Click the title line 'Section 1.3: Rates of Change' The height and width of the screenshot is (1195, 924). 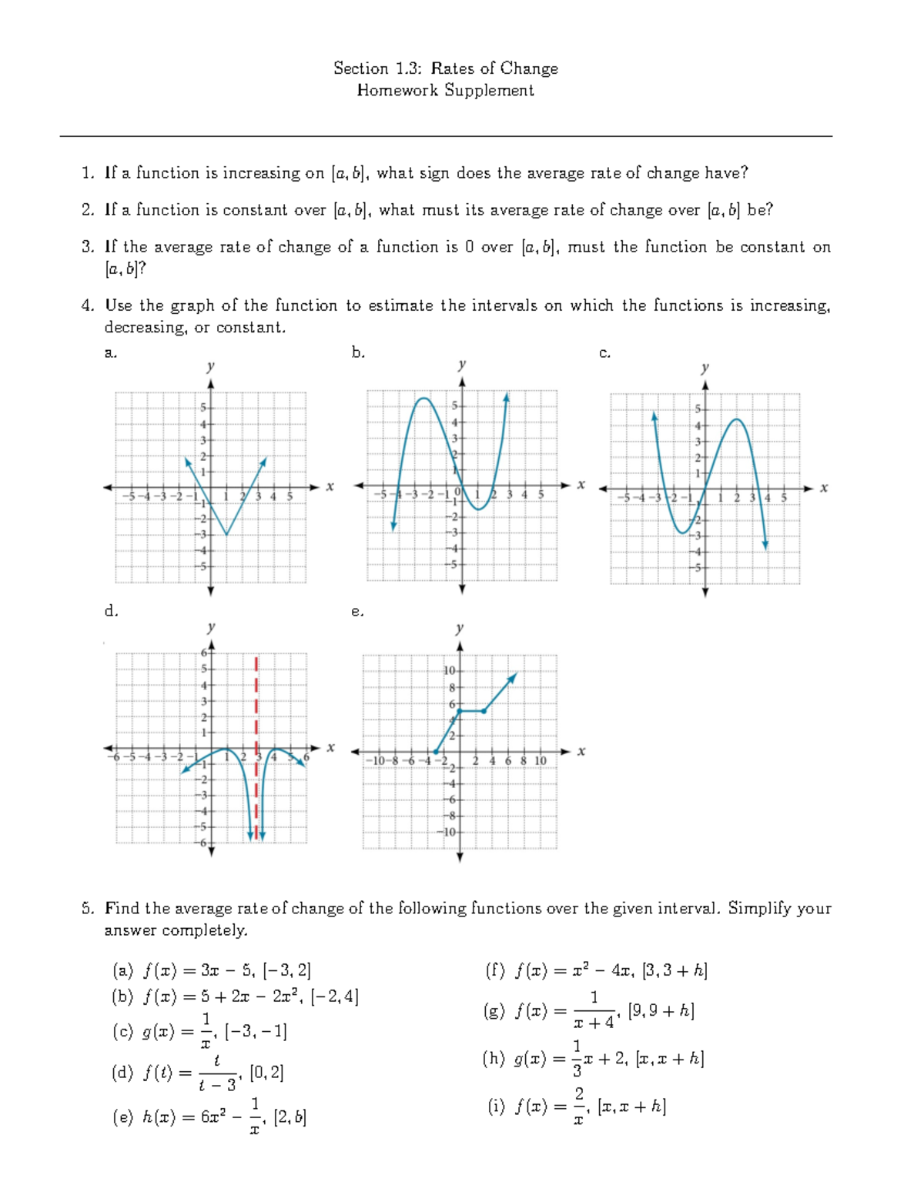(x=445, y=68)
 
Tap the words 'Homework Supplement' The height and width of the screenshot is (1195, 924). (x=445, y=91)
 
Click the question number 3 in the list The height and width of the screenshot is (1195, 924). (x=87, y=247)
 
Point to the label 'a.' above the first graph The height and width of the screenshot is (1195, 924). (x=111, y=353)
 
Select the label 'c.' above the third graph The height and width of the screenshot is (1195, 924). (x=604, y=353)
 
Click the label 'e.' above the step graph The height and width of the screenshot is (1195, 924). (x=357, y=612)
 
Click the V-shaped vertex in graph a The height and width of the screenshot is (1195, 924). (x=226, y=534)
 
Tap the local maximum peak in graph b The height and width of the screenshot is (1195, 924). (x=423, y=399)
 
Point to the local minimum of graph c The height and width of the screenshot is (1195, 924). (x=682, y=532)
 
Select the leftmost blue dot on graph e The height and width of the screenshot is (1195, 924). (x=436, y=752)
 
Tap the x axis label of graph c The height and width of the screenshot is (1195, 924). (x=824, y=488)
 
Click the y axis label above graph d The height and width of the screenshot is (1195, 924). (x=211, y=627)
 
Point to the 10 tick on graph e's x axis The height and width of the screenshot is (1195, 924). (x=540, y=761)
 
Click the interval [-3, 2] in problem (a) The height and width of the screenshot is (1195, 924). (x=286, y=970)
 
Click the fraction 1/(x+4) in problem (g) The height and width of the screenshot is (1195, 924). (x=594, y=1010)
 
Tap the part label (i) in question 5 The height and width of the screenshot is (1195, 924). (x=497, y=1107)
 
